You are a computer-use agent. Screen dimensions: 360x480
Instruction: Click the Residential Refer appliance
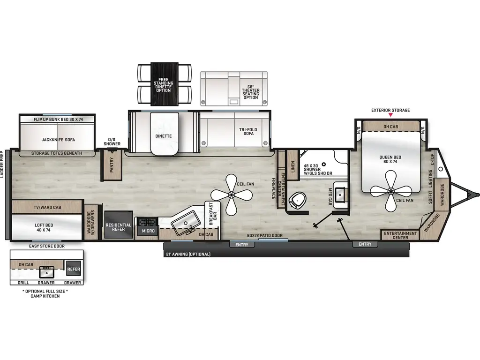118,227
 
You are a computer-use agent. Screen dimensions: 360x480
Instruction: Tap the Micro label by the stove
149,231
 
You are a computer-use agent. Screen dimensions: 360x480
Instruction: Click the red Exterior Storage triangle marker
390,115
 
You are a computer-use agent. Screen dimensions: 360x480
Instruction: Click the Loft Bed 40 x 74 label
44,227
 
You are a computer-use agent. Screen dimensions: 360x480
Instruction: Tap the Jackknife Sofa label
58,139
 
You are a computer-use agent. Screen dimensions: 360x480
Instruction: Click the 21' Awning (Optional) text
188,254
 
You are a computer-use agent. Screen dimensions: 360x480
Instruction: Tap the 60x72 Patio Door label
265,236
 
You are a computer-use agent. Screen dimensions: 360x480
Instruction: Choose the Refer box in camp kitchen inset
74,270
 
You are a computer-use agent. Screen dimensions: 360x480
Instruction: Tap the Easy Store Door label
46,246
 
